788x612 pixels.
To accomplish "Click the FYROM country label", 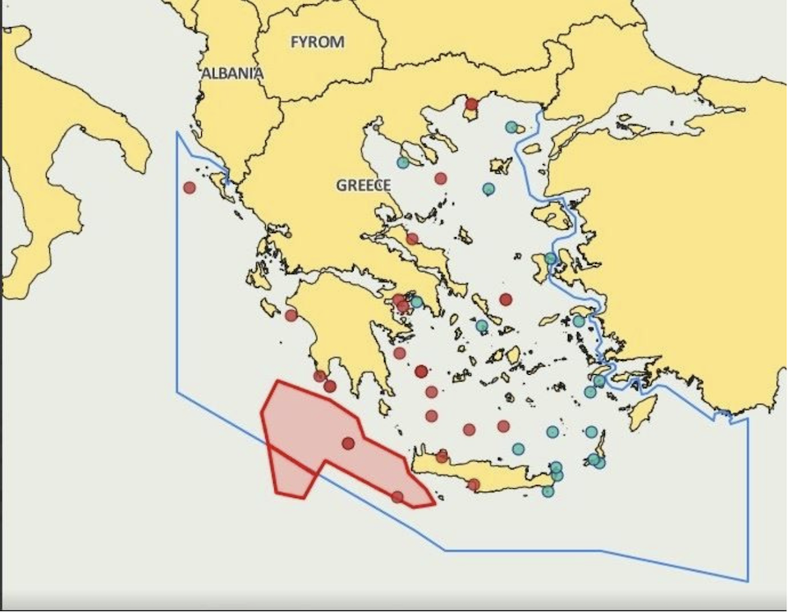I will click(x=318, y=42).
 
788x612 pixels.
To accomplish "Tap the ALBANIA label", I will click(x=233, y=73).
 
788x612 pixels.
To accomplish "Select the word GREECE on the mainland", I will click(x=364, y=185).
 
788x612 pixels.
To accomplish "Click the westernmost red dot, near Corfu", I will click(x=190, y=187).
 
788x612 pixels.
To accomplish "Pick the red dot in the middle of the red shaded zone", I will click(x=348, y=443).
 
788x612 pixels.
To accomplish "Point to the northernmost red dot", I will click(x=471, y=103).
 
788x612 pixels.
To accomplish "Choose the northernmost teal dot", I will click(x=511, y=127).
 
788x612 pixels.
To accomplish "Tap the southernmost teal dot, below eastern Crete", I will click(x=547, y=491).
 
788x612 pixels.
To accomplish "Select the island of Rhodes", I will click(x=643, y=412).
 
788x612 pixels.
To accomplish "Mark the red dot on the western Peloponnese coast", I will click(x=291, y=315).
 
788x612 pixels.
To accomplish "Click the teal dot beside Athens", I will click(x=416, y=302).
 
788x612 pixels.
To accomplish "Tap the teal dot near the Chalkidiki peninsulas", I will click(x=402, y=162).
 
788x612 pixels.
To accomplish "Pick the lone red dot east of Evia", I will click(x=506, y=299).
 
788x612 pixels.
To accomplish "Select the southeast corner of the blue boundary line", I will click(x=748, y=581).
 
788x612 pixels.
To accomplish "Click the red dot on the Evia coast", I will click(x=412, y=239).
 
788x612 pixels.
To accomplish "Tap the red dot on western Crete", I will click(x=442, y=456).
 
